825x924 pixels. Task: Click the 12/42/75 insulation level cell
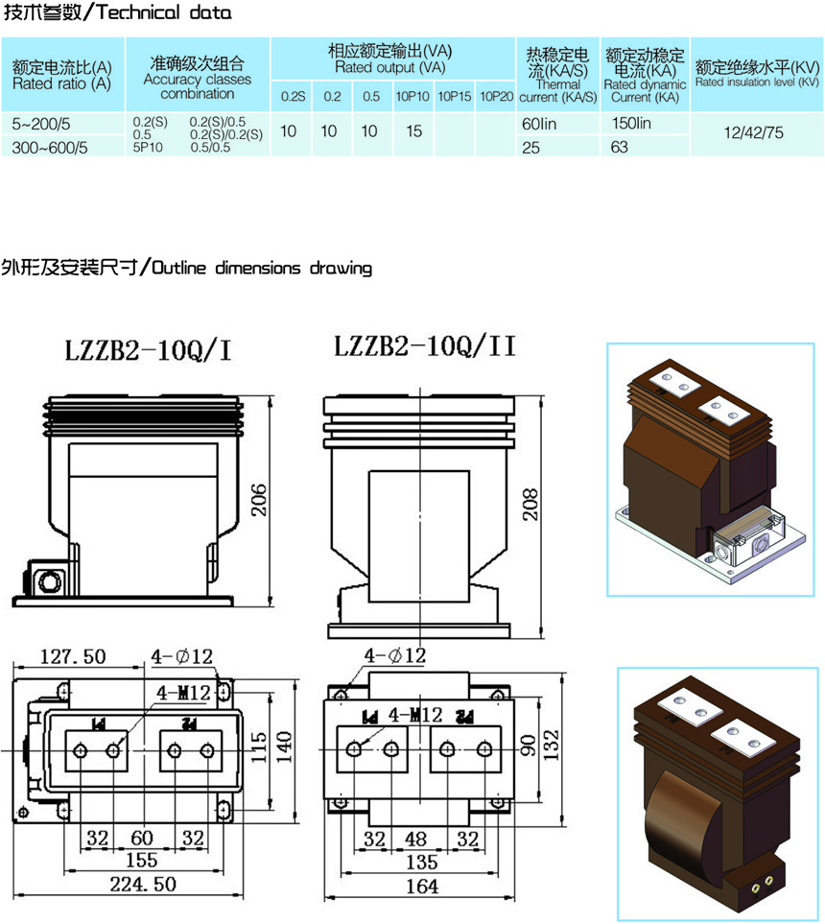[754, 132]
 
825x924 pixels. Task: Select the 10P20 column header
[496, 96]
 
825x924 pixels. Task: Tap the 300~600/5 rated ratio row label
[50, 148]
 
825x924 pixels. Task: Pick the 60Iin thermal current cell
[539, 124]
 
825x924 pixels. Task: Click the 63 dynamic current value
[620, 147]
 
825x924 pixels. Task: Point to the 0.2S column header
[293, 97]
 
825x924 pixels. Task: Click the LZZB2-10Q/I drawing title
[148, 350]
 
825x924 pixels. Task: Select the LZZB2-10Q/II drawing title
[425, 346]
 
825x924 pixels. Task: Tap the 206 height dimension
[259, 500]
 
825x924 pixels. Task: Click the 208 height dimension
[530, 505]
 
